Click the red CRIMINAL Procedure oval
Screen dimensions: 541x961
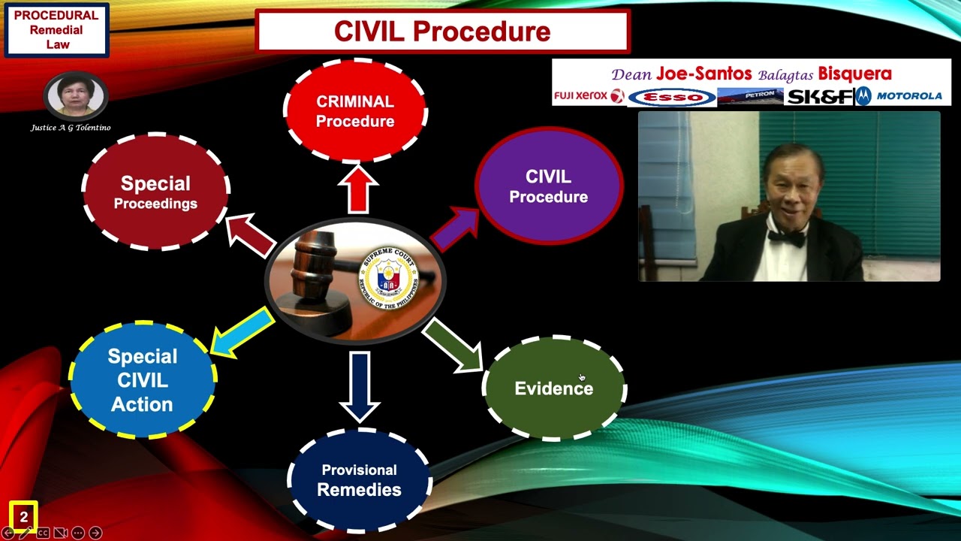[355, 111]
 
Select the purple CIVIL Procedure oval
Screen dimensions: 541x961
[549, 186]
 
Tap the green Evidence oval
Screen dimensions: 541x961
[554, 388]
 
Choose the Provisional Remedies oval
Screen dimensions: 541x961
[359, 480]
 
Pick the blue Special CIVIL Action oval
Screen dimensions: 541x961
[143, 380]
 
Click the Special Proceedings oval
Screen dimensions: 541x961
[155, 192]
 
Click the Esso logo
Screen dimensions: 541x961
[671, 98]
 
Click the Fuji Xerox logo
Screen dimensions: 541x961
[589, 96]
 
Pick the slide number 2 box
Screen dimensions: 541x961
[24, 517]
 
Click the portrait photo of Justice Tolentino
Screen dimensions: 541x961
[75, 95]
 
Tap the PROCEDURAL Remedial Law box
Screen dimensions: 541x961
[57, 31]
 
